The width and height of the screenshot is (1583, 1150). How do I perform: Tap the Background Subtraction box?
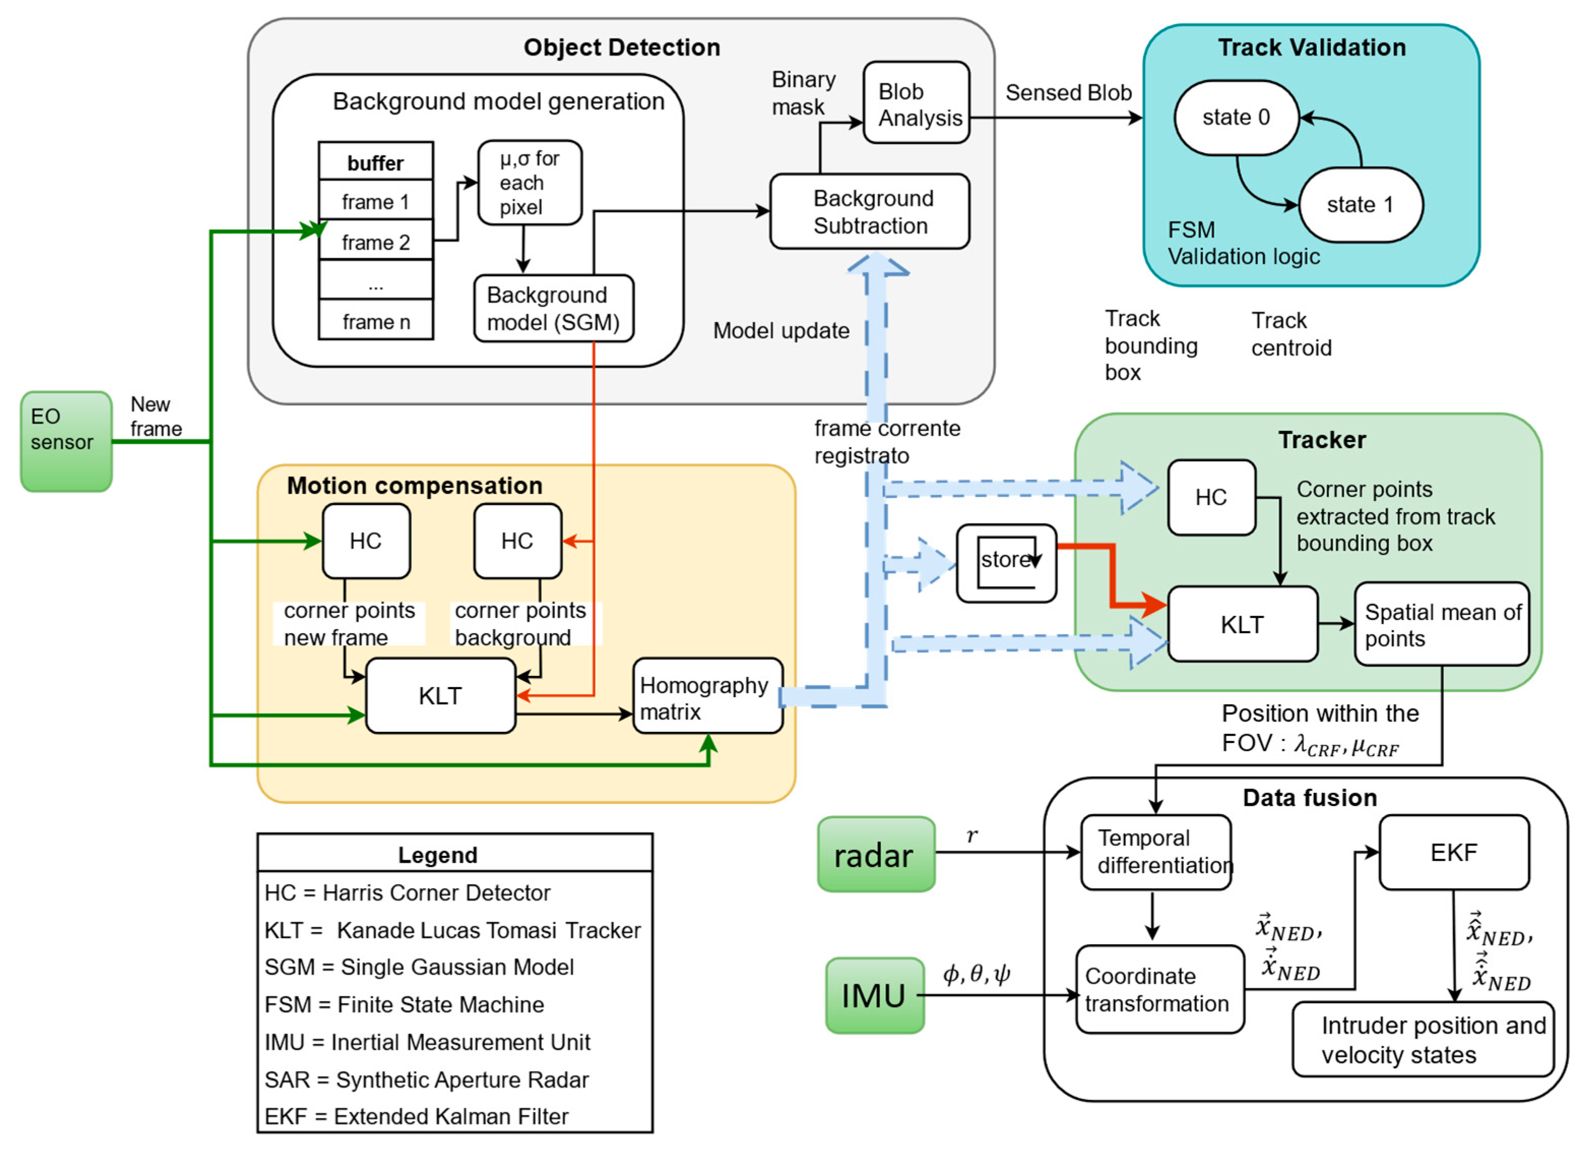(x=869, y=211)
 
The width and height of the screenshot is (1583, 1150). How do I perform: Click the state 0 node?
(x=1236, y=117)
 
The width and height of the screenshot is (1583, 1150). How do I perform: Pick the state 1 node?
(x=1360, y=205)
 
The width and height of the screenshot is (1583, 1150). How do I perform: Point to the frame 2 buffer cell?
(x=375, y=241)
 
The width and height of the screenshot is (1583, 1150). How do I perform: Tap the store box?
(x=1006, y=563)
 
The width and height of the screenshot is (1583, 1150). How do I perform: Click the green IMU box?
(x=874, y=995)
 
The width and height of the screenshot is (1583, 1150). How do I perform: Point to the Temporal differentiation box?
(x=1156, y=852)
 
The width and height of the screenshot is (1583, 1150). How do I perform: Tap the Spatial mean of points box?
(x=1441, y=624)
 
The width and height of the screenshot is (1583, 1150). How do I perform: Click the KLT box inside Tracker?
(x=1242, y=624)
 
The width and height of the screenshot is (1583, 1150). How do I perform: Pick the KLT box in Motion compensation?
(x=440, y=696)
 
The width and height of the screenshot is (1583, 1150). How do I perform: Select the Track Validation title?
(x=1311, y=47)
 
